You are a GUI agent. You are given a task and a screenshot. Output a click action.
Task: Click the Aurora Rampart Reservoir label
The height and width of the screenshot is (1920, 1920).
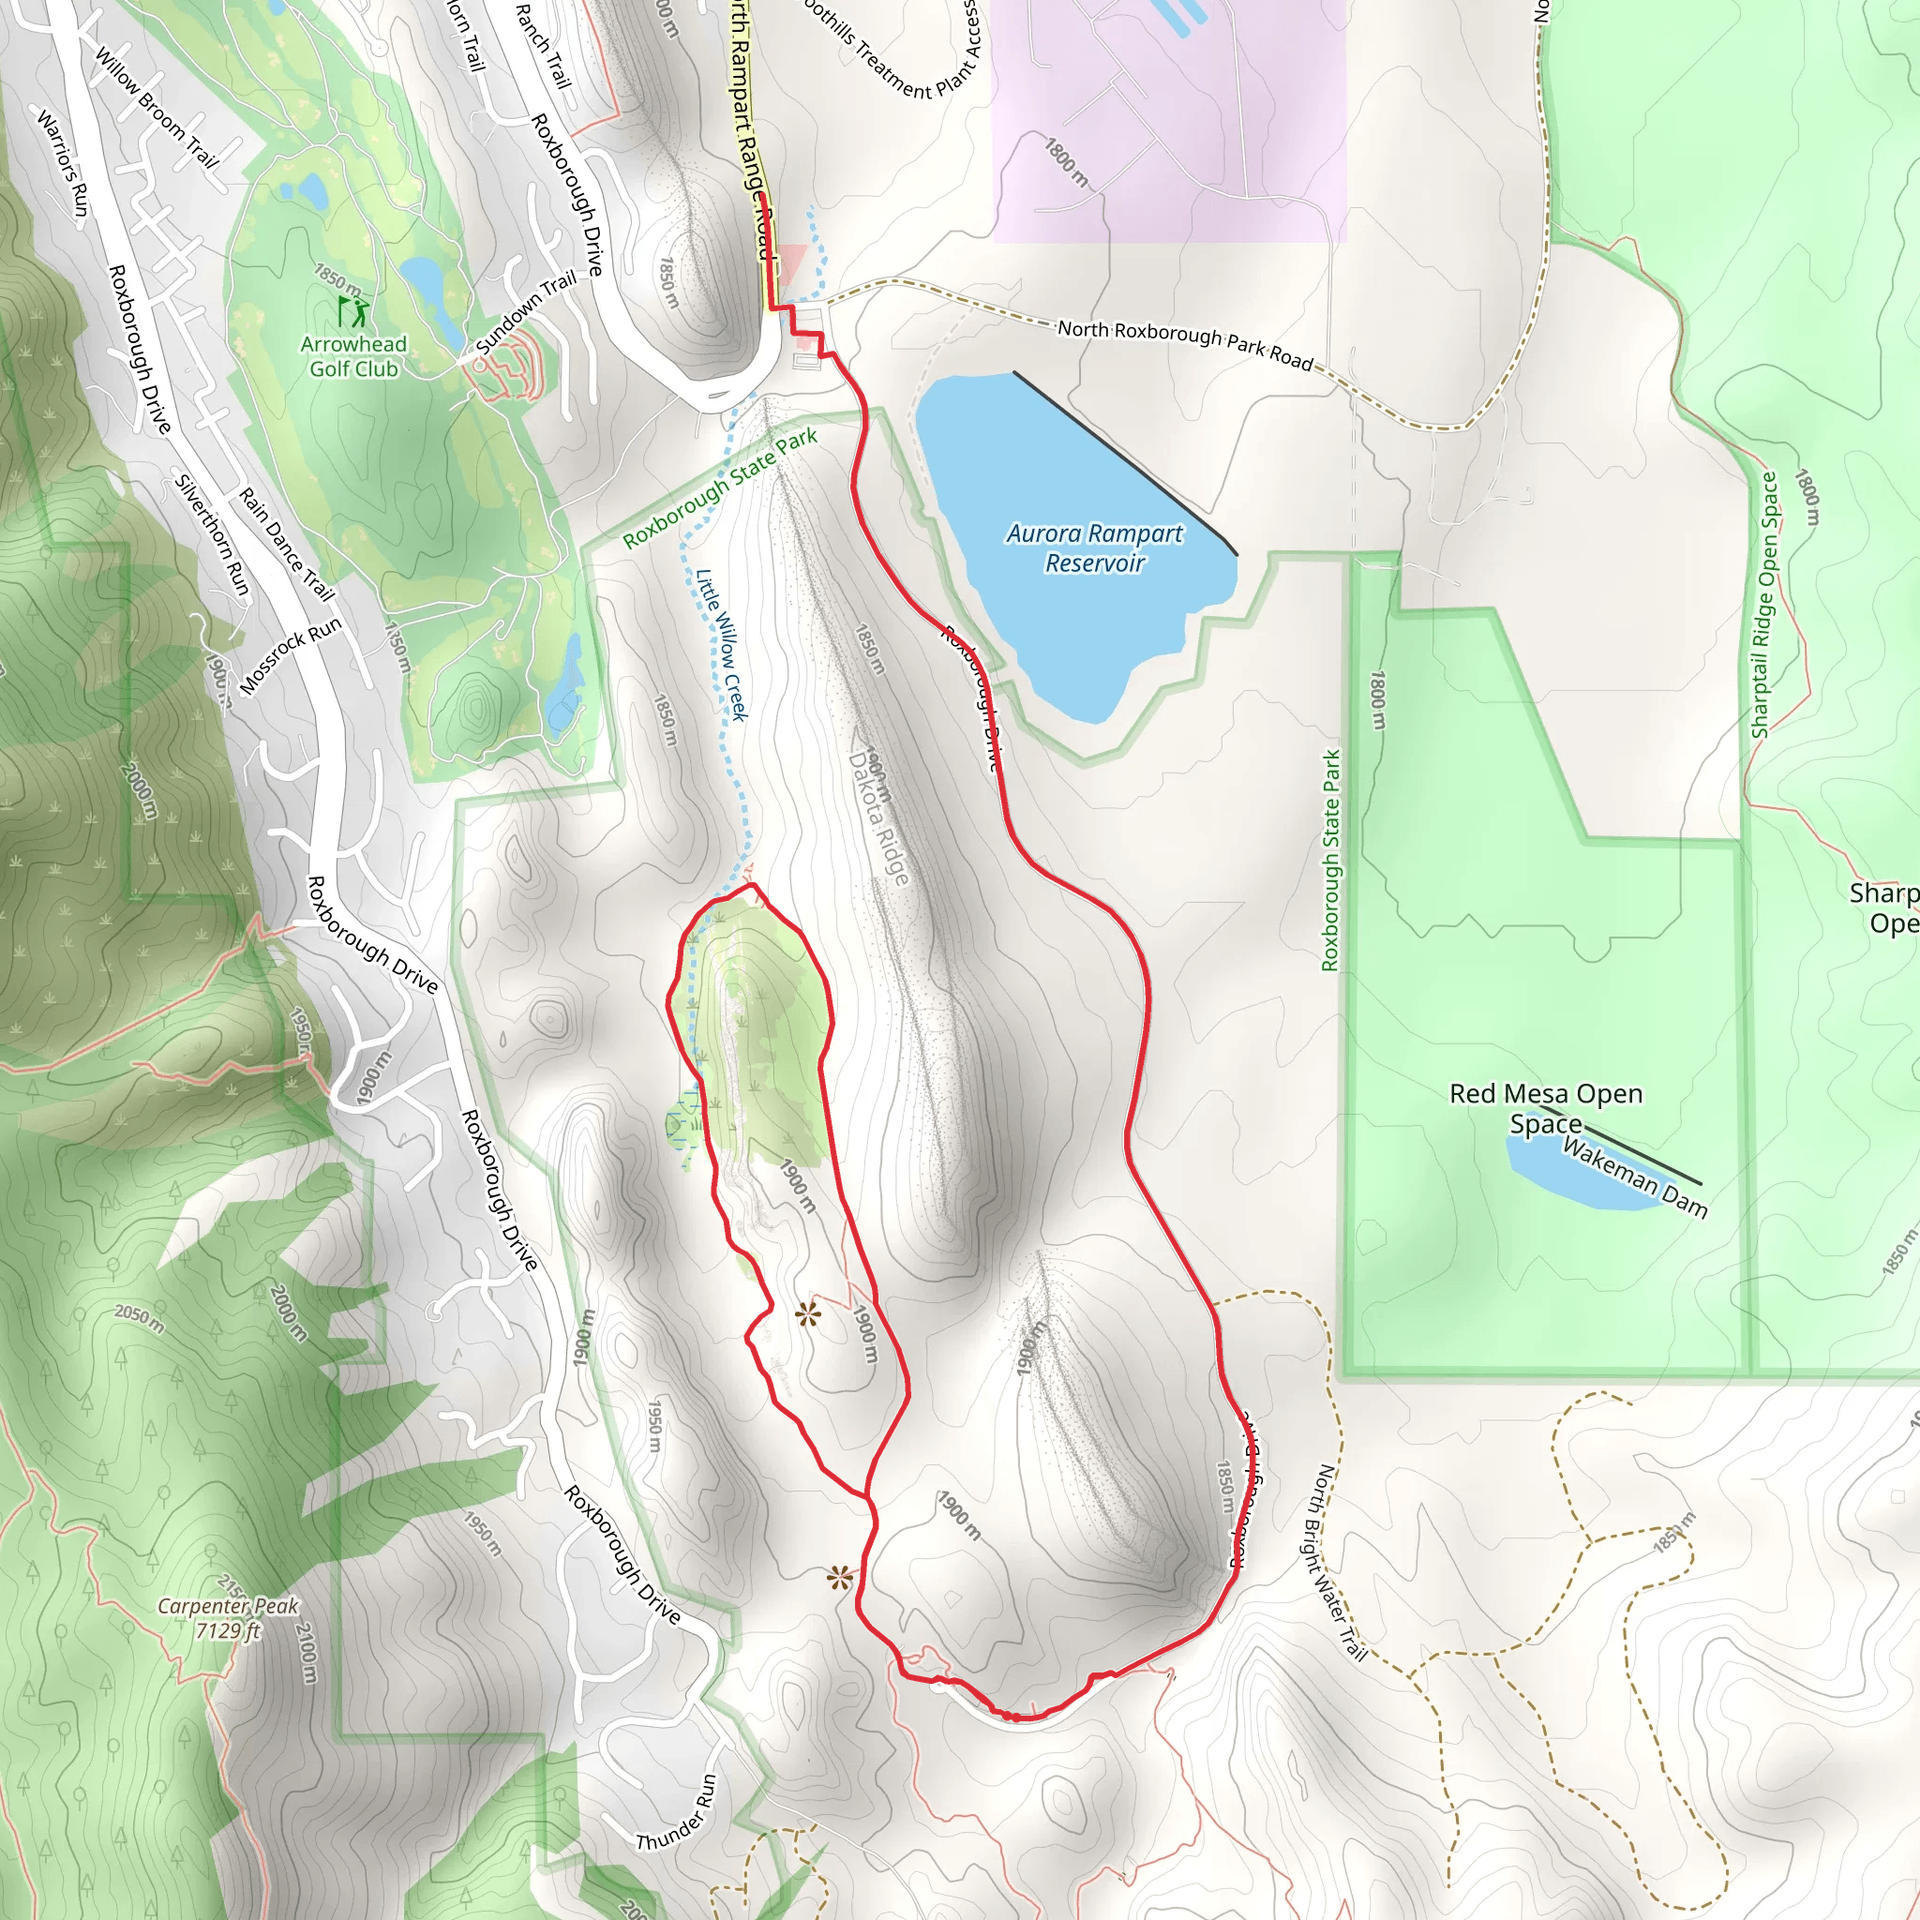click(1094, 547)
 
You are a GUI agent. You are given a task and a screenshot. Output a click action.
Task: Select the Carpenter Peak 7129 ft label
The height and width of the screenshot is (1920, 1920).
click(228, 1618)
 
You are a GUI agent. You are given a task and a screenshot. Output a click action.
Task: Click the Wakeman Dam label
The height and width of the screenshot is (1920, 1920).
click(1635, 1177)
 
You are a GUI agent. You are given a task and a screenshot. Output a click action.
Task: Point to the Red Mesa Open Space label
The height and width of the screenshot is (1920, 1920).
click(1545, 1108)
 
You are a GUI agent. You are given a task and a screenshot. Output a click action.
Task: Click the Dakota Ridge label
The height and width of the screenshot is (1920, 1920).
click(878, 817)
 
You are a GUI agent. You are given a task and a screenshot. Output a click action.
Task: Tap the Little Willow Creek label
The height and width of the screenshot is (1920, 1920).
click(722, 644)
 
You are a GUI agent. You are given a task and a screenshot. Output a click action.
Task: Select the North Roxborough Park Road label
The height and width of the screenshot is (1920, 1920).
click(1185, 343)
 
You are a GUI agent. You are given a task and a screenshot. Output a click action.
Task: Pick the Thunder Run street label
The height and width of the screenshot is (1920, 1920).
click(677, 1813)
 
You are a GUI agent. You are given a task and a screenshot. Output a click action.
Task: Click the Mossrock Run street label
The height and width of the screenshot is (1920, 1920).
click(291, 655)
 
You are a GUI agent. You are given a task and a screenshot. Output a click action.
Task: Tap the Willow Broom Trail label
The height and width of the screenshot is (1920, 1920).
click(156, 106)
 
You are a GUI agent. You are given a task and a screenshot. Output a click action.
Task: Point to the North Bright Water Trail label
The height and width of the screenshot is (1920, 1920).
click(1342, 1562)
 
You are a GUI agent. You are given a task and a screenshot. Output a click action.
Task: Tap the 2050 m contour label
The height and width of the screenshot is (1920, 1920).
click(139, 1317)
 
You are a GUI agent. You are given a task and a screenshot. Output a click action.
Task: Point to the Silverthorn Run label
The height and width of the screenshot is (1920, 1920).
click(212, 534)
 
